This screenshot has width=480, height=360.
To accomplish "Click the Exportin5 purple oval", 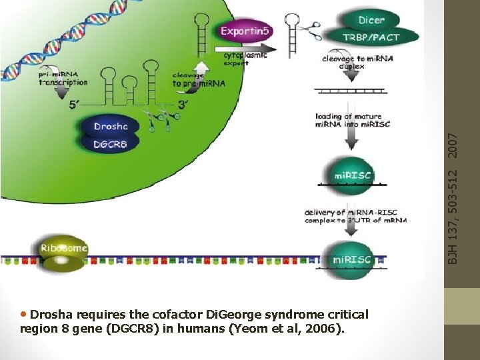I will tap(245, 31).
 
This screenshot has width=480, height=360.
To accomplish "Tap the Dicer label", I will tap(371, 20).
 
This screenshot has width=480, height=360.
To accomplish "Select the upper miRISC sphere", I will tap(353, 175).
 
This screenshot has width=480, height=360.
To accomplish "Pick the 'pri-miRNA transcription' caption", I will tap(63, 79).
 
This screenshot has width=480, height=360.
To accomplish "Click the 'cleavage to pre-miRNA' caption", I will tap(198, 80).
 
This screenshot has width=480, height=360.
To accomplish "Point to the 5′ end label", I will tap(77, 105).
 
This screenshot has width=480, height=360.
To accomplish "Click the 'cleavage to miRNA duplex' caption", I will tap(357, 62).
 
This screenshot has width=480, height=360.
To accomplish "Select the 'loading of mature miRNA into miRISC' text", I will tap(353, 121).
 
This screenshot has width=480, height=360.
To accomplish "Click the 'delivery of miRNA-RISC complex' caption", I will tap(355, 216).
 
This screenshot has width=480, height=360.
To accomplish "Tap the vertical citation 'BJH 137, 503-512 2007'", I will tap(453, 197).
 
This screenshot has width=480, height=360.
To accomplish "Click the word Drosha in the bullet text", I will tap(53, 314).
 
